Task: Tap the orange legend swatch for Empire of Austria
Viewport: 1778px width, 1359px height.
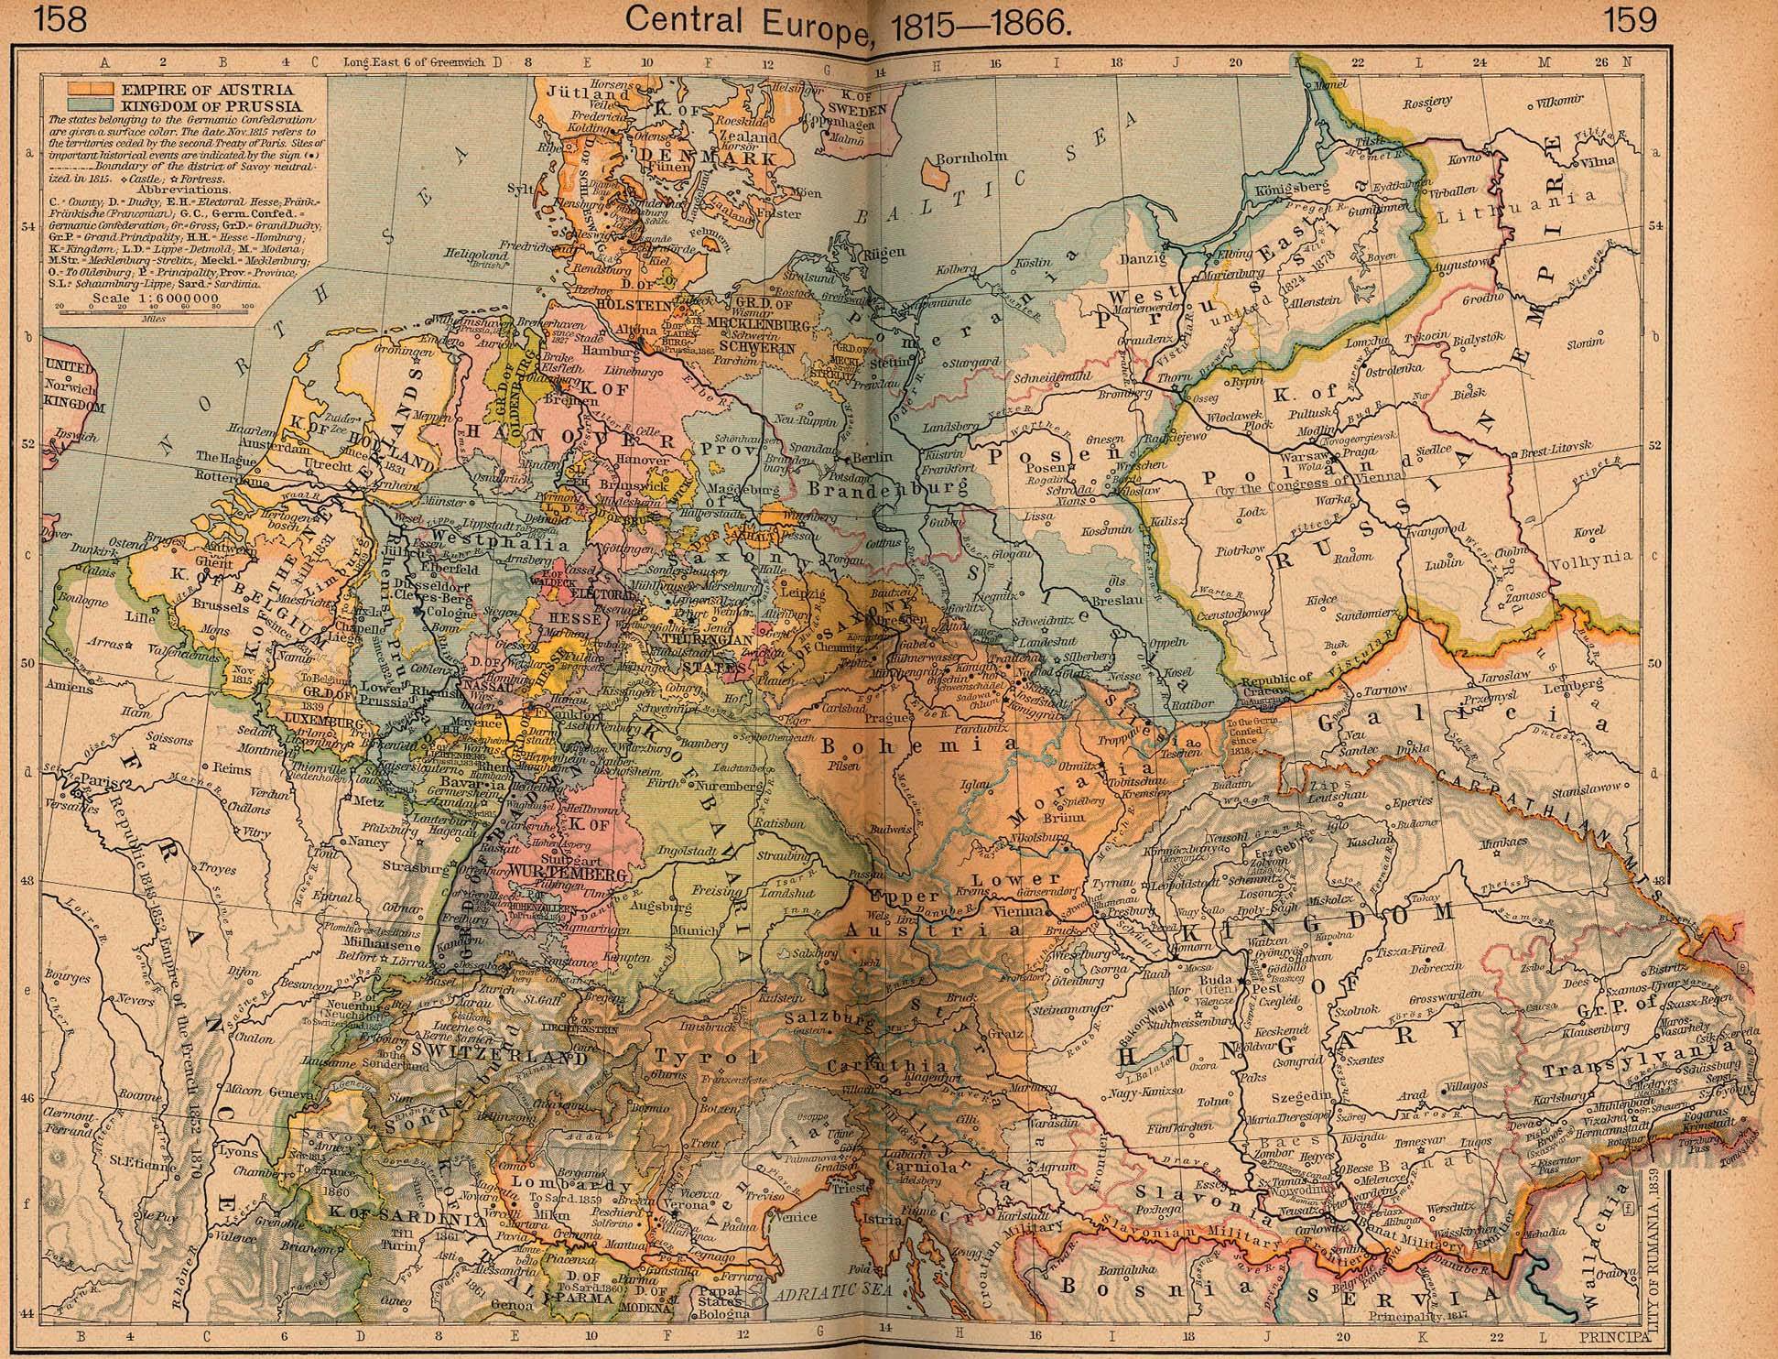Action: [88, 89]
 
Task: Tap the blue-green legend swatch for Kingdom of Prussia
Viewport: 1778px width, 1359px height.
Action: [88, 104]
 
